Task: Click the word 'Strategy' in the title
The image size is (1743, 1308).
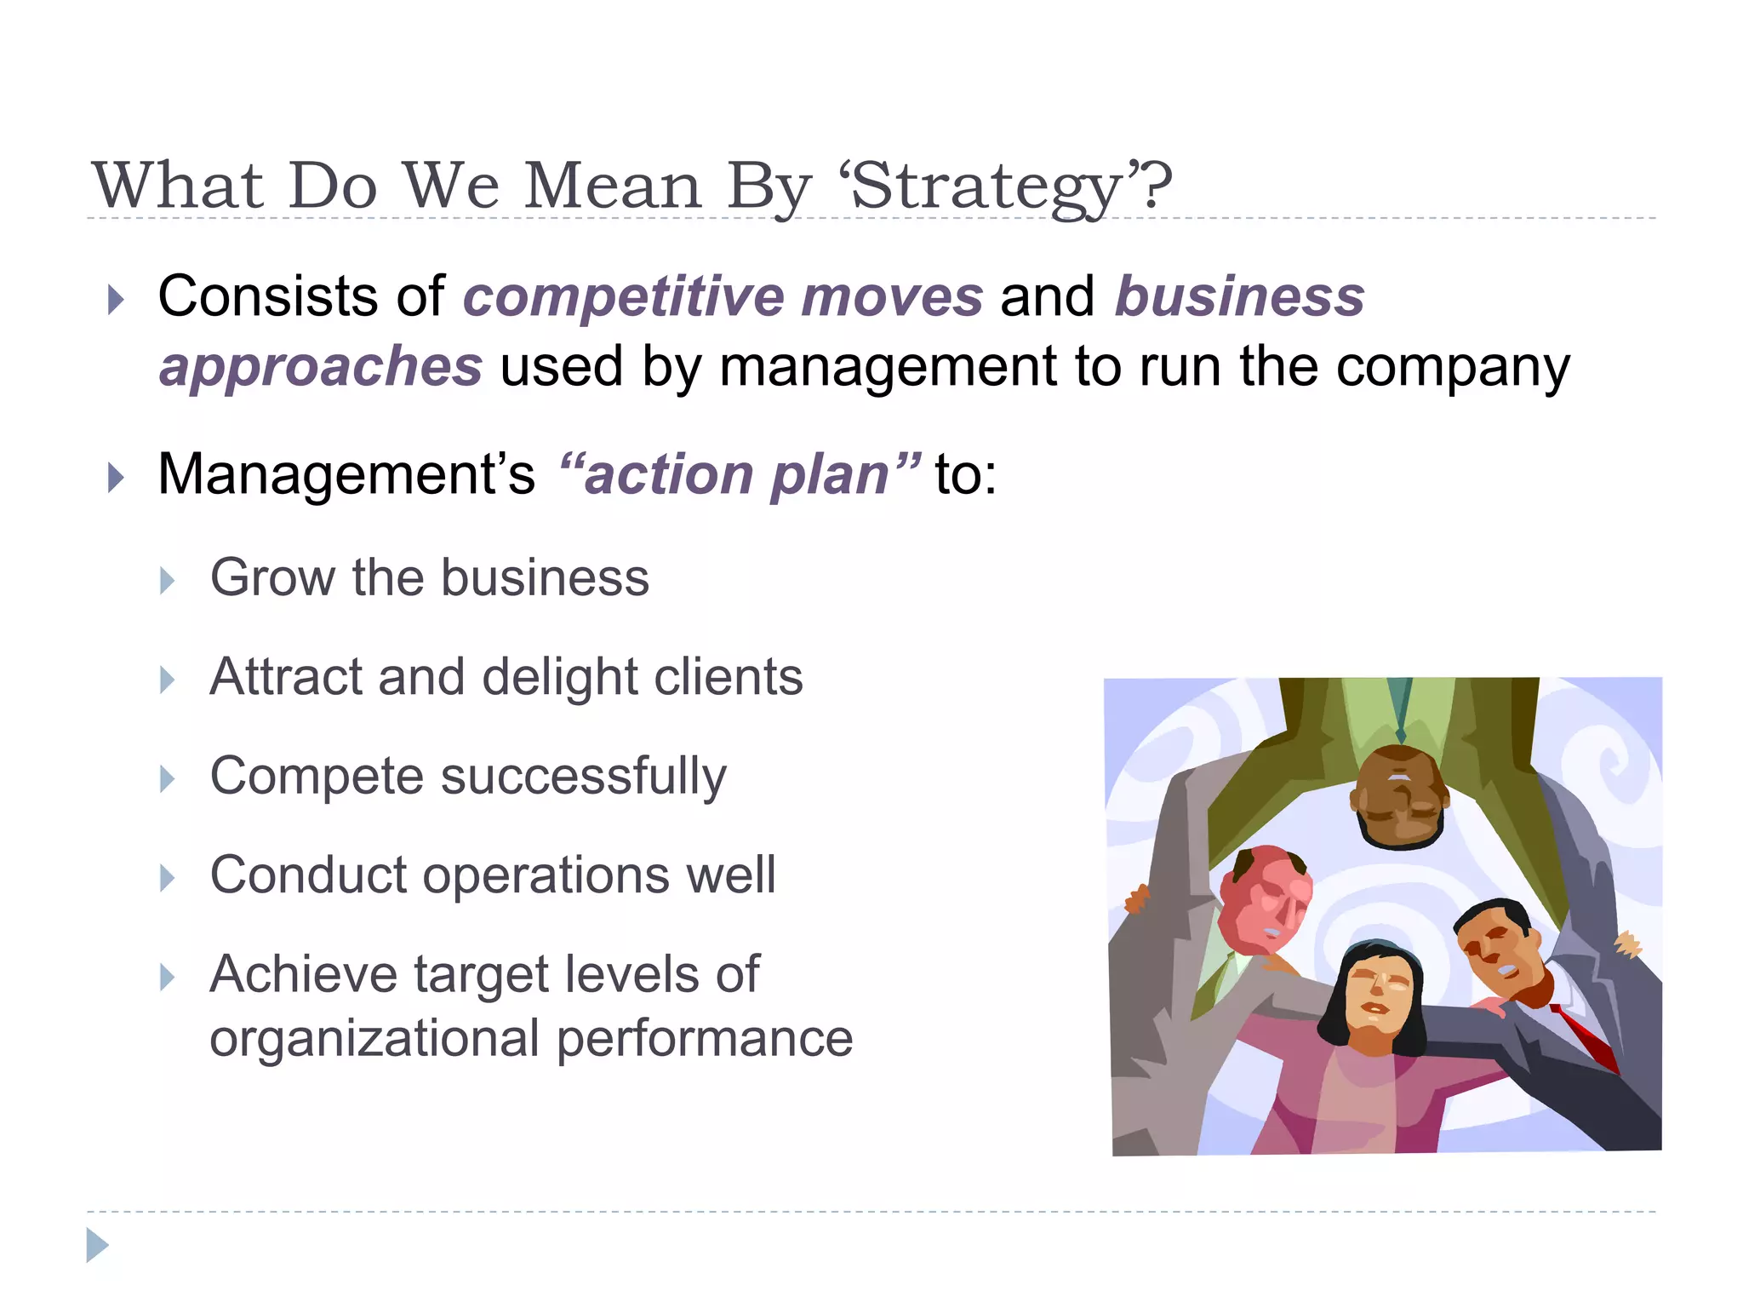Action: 987,187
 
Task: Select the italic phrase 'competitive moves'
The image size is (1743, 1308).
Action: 723,297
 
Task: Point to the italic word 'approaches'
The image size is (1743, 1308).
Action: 321,367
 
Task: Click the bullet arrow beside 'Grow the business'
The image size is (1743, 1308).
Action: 168,582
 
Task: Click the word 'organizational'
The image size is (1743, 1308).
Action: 375,1039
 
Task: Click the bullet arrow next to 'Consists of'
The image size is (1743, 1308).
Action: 117,300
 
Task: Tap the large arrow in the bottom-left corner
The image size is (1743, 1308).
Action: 98,1245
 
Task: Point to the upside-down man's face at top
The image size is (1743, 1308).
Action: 1400,796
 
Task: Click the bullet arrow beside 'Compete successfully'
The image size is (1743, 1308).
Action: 168,779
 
